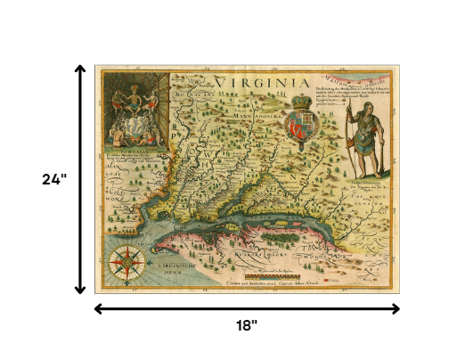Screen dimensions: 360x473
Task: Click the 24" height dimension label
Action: (x=54, y=178)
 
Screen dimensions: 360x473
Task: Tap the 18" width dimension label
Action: (x=247, y=326)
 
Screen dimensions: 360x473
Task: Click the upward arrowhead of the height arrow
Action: (x=81, y=69)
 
